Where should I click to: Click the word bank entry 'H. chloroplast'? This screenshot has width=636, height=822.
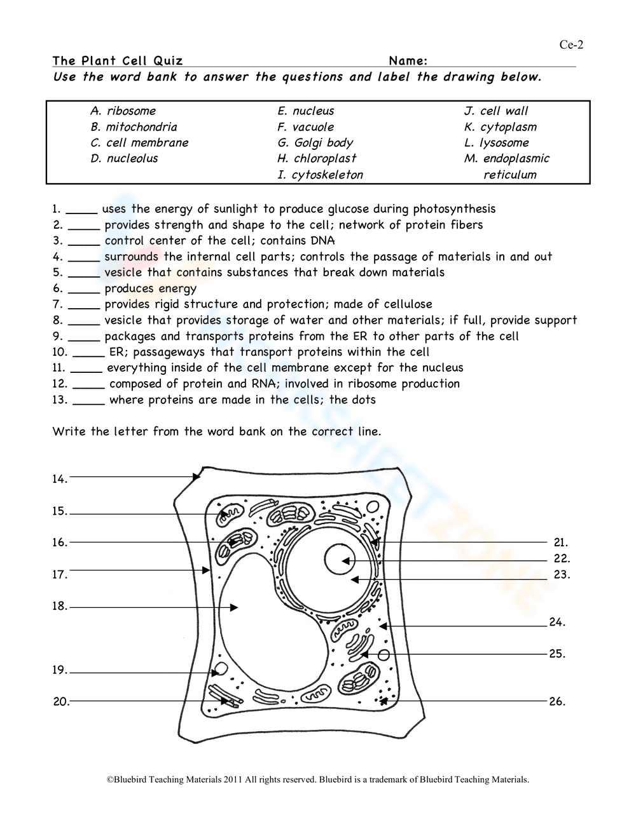pos(316,158)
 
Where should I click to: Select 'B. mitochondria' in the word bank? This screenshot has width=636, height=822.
pos(134,126)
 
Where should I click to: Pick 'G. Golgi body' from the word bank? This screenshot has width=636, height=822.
pos(315,142)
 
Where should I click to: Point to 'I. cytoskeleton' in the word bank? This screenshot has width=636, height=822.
pos(320,175)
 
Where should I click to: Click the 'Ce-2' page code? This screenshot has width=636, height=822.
pos(570,44)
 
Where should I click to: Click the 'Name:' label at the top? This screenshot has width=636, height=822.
pos(407,61)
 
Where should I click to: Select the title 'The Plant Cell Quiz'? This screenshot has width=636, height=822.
pos(118,61)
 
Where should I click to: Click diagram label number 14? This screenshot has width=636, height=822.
pos(60,480)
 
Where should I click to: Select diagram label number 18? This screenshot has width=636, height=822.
pos(60,607)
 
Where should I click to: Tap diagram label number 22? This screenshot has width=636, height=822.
pos(562,559)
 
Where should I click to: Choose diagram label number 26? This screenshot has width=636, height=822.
pos(557,702)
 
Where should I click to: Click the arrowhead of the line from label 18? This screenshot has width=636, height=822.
pos(234,608)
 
